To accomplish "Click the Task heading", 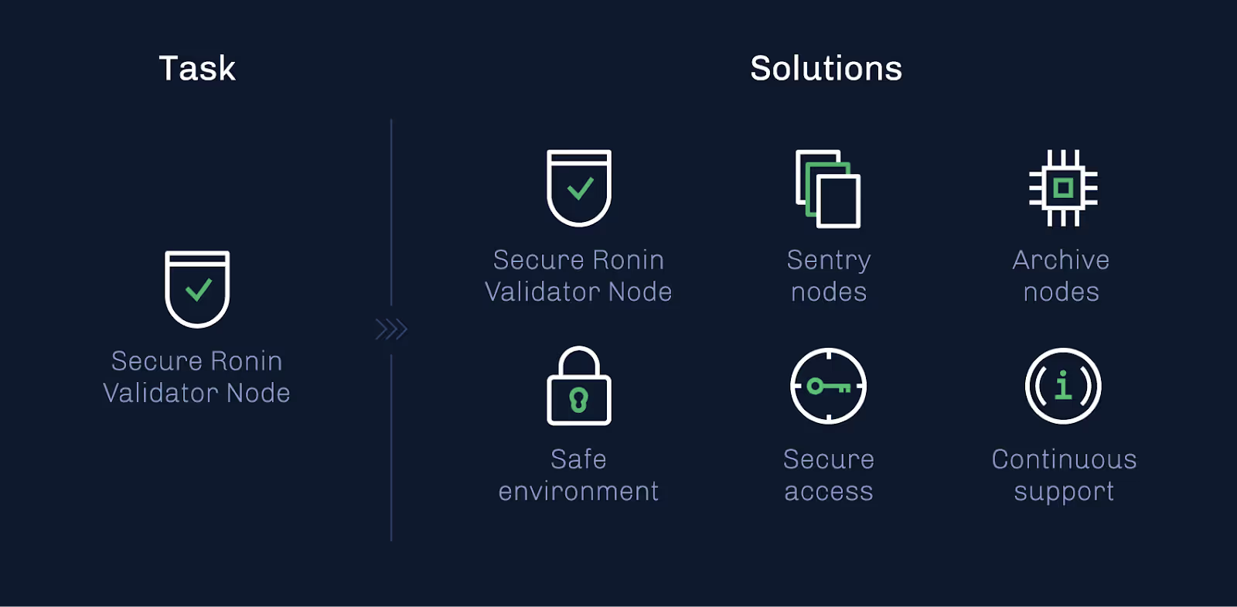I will pos(197,68).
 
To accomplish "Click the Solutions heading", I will pos(826,68).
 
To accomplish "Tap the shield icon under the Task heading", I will pos(197,288).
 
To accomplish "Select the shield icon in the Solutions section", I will pos(579,187).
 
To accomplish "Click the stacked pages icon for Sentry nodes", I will pos(828,189).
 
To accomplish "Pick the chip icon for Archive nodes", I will pos(1063,188).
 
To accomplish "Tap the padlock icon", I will pos(579,387).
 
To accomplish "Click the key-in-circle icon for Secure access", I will pos(828,386).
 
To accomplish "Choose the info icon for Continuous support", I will pos(1063,386).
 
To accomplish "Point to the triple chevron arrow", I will pos(391,329).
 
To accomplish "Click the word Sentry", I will pos(829,261).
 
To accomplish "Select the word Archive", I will pos(1061,260).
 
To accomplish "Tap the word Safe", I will pos(578,459).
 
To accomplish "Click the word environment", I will pos(578,491).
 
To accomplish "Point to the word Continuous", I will pos(1064,459).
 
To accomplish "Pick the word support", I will pos(1064,493).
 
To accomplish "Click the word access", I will pos(829,492).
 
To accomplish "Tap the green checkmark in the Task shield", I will pos(198,290).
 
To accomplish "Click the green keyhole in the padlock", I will pos(579,400).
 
